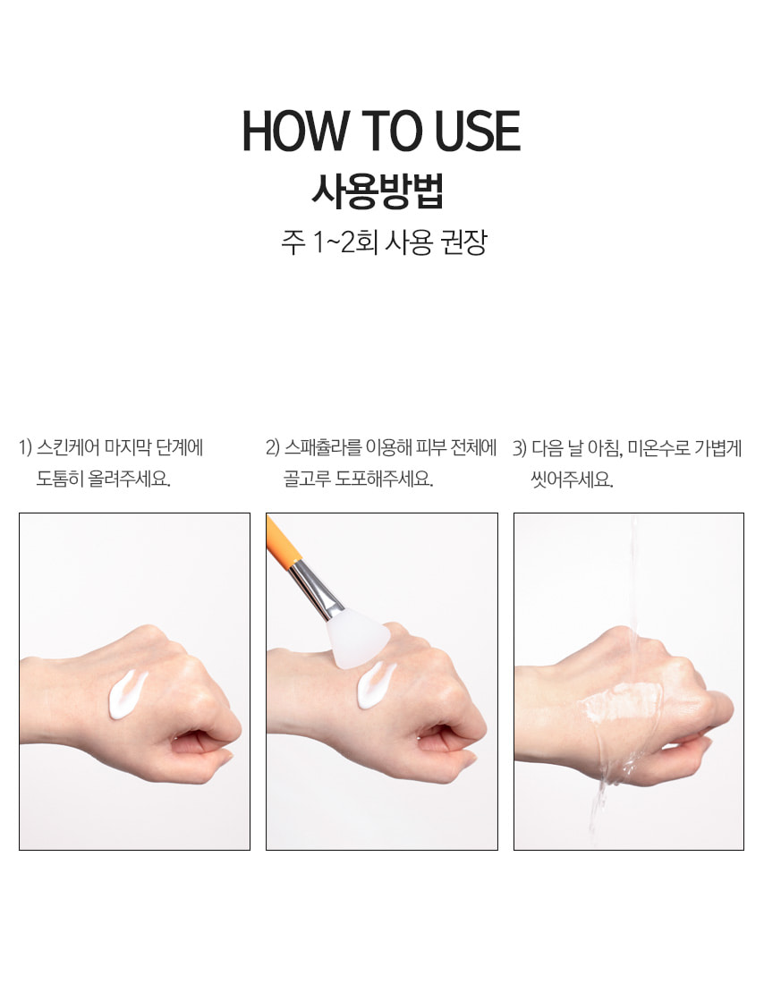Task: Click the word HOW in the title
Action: (x=294, y=131)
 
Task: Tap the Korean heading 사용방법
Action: (x=378, y=191)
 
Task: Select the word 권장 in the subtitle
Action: (x=464, y=242)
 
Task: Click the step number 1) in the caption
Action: (x=25, y=448)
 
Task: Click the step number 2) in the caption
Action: (x=272, y=448)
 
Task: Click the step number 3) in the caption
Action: (x=519, y=448)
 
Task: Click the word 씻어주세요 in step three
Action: (x=571, y=480)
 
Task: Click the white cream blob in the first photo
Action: (x=127, y=695)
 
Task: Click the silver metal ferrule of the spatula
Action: (x=317, y=590)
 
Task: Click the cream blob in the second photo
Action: (x=376, y=685)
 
